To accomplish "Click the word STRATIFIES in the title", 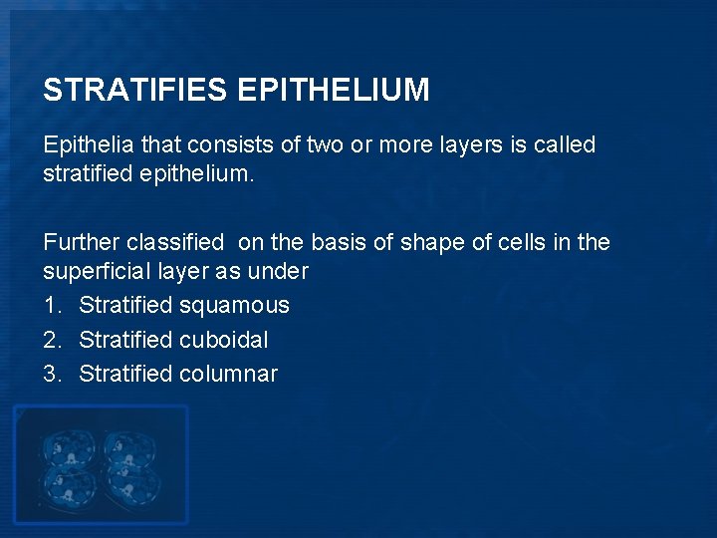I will pos(135,91).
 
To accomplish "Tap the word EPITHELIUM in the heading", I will pos(334,91).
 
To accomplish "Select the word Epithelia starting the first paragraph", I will pos(89,145).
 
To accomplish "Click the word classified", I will pos(177,242).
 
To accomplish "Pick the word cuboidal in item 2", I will pos(224,340).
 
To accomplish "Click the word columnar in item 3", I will pos(229,375).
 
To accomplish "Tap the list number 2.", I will pos(51,340).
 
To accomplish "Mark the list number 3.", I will pos(51,375).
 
